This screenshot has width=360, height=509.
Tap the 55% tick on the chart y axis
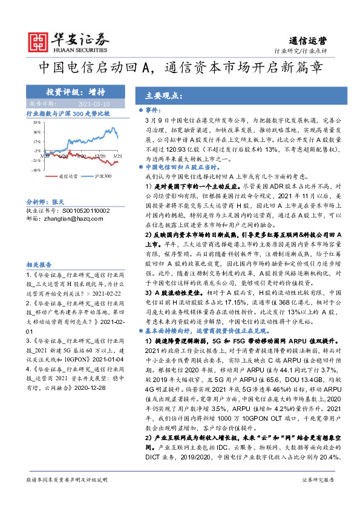[x=37, y=122]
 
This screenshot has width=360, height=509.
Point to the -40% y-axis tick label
[x=36, y=170]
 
